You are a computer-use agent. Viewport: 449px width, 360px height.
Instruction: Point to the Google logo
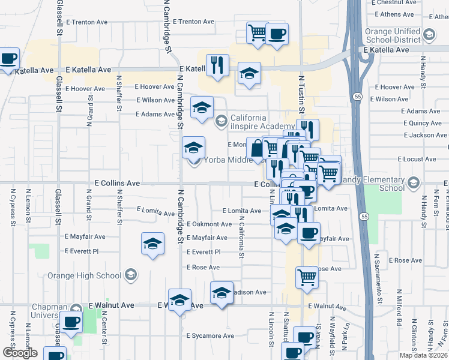(20, 353)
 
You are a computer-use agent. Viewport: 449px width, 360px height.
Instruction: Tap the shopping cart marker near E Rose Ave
(307, 277)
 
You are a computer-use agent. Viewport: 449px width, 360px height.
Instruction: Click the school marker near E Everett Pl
(153, 244)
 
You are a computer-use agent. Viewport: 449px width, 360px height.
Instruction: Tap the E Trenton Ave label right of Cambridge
(193, 22)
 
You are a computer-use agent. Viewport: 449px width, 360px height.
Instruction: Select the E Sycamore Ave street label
(209, 336)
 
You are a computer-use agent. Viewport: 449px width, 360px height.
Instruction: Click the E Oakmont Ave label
(209, 224)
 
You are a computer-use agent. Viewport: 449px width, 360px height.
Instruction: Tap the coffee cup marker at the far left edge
(8, 59)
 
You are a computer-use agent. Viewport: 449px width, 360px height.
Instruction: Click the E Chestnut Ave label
(394, 2)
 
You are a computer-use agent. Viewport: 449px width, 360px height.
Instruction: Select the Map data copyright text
(423, 355)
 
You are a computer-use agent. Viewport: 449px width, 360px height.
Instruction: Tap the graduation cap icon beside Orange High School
(130, 275)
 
